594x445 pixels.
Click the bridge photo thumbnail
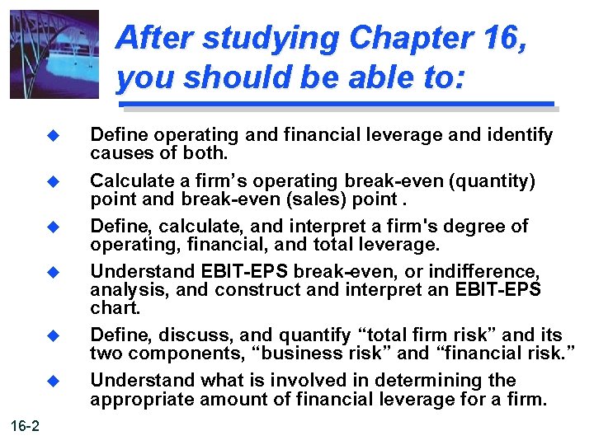click(x=54, y=54)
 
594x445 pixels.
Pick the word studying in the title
click(x=264, y=38)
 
